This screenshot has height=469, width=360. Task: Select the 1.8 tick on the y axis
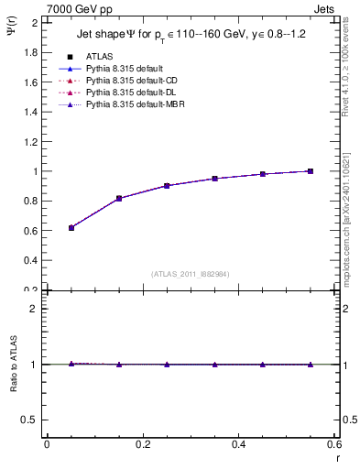(33, 52)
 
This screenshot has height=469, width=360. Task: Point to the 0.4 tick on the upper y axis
(33, 260)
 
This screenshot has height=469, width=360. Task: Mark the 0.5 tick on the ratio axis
(33, 420)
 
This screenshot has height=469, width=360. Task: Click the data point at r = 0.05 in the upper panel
(71, 227)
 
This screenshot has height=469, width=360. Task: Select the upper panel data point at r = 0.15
(119, 198)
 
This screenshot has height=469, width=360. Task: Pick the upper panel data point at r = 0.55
(311, 171)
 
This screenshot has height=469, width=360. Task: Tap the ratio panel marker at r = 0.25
(167, 365)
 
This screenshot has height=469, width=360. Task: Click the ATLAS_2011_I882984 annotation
(190, 274)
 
